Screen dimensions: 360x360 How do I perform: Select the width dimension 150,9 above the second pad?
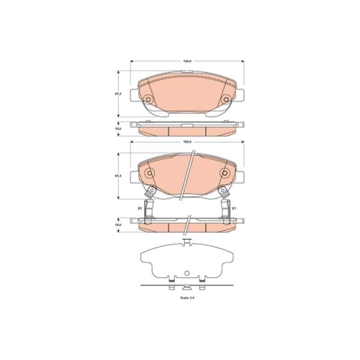click(x=186, y=142)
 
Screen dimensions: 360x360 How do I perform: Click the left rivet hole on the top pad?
click(x=148, y=99)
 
